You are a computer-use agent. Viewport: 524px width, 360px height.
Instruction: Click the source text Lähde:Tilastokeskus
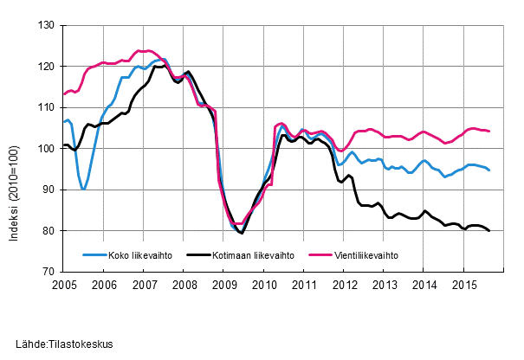(64, 344)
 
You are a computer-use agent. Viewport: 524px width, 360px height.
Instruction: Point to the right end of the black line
(489, 231)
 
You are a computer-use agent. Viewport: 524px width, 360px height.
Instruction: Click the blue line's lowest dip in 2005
(83, 189)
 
